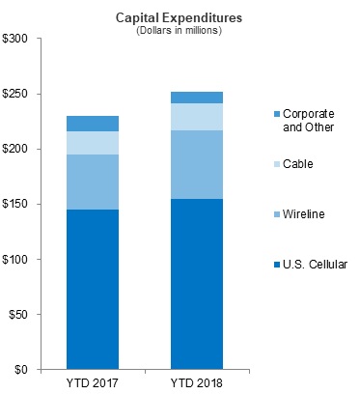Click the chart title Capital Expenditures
click(x=179, y=18)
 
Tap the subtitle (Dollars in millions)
click(x=179, y=31)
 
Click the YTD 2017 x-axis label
click(x=93, y=383)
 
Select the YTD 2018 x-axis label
click(x=197, y=383)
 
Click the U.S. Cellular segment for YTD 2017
click(x=93, y=290)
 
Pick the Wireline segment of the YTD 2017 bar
click(x=93, y=183)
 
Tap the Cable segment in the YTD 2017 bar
click(x=93, y=143)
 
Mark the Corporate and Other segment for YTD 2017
click(x=93, y=124)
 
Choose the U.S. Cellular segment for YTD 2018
click(x=197, y=284)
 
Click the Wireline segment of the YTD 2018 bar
click(x=197, y=164)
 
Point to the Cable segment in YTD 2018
click(x=197, y=117)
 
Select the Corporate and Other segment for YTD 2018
click(x=197, y=98)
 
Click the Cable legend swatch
click(x=277, y=164)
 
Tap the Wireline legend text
click(x=304, y=214)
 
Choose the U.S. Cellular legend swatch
click(x=277, y=265)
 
